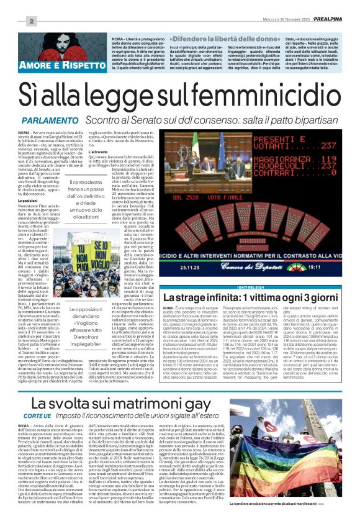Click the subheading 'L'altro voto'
[x=116, y=151]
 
